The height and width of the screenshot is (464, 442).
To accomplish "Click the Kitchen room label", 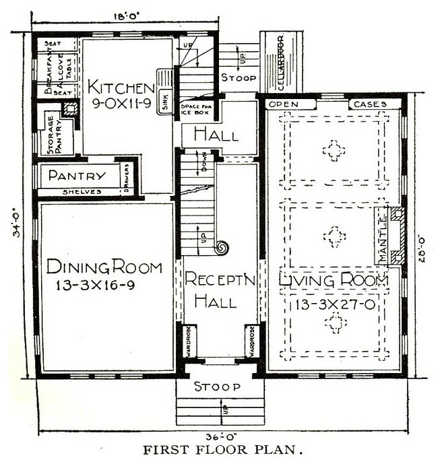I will [x=121, y=88].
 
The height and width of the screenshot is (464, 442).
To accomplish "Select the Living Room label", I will [x=333, y=279].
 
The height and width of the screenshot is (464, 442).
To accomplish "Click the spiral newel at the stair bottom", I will [x=221, y=248].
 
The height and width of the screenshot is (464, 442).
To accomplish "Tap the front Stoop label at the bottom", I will [x=216, y=387].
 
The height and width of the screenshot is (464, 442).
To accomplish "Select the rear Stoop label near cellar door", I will [x=239, y=78].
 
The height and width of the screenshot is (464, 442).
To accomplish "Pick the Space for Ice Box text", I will [x=196, y=110].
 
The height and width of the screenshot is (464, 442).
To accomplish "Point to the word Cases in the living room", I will [x=369, y=105].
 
